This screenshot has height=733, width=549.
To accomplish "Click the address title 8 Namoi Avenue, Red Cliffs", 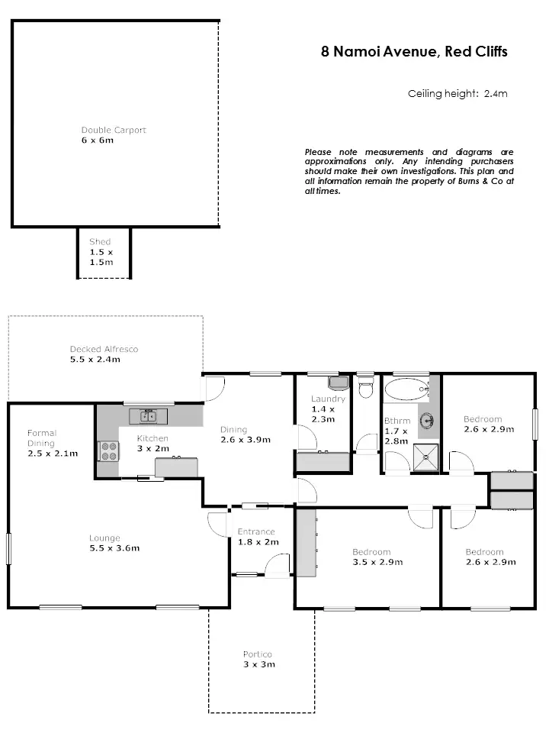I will (414, 53).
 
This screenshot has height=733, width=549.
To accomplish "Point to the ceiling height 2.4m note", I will (457, 94).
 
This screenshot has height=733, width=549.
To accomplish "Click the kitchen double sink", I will (148, 416).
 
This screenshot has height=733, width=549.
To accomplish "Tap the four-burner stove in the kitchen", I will (108, 451).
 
